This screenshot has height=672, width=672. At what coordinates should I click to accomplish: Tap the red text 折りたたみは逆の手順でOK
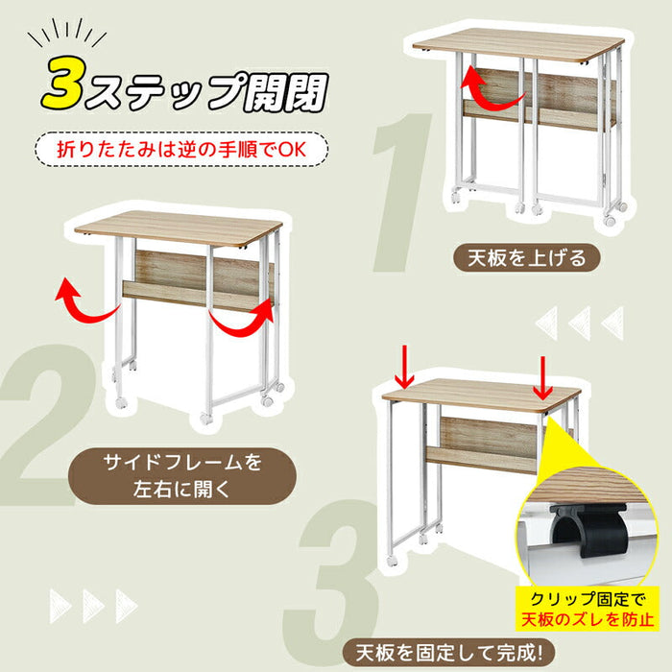181,150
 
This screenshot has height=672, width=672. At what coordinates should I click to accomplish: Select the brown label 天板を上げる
527,258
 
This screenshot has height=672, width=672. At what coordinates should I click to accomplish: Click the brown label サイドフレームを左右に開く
182,476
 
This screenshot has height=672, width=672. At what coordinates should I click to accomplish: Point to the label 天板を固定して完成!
449,654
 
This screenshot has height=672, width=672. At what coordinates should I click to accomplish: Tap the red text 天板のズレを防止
588,620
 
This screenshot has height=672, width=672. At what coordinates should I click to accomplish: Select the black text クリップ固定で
588,599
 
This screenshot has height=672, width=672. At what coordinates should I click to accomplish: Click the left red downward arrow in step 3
404,368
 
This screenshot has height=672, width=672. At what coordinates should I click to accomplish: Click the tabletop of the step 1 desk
518,45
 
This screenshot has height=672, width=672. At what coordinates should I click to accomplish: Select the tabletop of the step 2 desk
179,228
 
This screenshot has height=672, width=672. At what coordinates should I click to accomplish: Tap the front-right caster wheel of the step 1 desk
610,221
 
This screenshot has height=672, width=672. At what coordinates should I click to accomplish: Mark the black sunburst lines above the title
66,34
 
